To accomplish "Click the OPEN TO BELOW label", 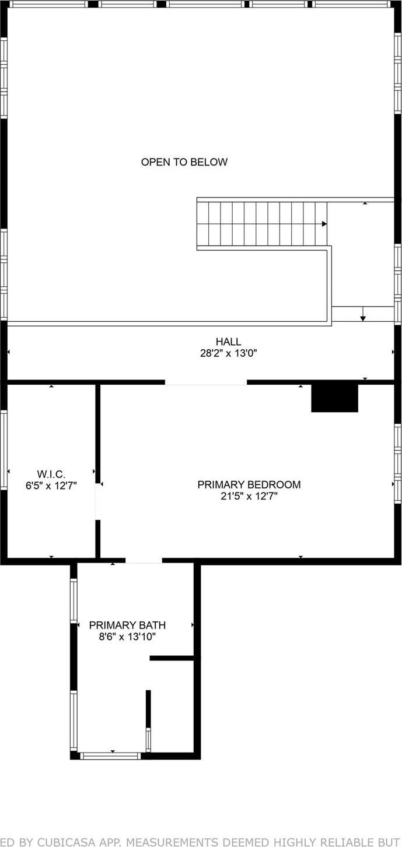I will [x=184, y=162].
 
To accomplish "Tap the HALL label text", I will [x=228, y=342].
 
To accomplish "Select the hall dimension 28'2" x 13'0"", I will [x=228, y=353].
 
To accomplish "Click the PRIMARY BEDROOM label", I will [x=249, y=484].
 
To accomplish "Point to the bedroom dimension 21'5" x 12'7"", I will [x=249, y=497].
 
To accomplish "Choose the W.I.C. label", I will [x=51, y=474].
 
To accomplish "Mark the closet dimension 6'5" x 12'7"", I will [x=51, y=485].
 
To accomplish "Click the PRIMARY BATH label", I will [x=127, y=625].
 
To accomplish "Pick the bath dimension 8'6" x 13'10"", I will [x=127, y=637].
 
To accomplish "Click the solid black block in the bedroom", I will [x=334, y=398].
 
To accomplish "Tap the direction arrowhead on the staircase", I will [x=324, y=224].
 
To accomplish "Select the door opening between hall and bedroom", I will [x=205, y=382].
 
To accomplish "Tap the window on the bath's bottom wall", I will [x=110, y=755].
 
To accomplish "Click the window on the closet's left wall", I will [x=4, y=449].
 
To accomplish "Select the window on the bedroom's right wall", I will [x=397, y=463].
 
